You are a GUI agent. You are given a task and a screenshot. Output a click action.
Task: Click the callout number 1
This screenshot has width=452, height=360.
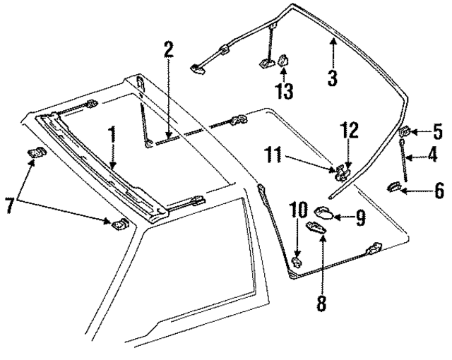[x=111, y=133]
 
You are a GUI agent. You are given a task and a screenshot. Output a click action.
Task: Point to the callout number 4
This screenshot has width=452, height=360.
[x=431, y=155]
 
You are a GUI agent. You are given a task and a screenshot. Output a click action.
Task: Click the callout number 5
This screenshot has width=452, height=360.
[x=437, y=131]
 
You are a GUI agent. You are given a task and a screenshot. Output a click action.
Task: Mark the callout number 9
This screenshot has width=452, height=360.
[x=360, y=218]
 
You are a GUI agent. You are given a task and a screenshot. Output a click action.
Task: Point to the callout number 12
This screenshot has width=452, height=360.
[x=349, y=130]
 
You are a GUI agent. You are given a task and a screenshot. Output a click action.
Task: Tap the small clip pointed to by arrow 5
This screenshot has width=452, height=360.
[x=406, y=131]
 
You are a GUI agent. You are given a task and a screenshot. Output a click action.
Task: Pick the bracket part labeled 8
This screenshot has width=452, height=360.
[x=317, y=227]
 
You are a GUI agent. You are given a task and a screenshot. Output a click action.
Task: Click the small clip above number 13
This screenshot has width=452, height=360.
[x=283, y=62]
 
